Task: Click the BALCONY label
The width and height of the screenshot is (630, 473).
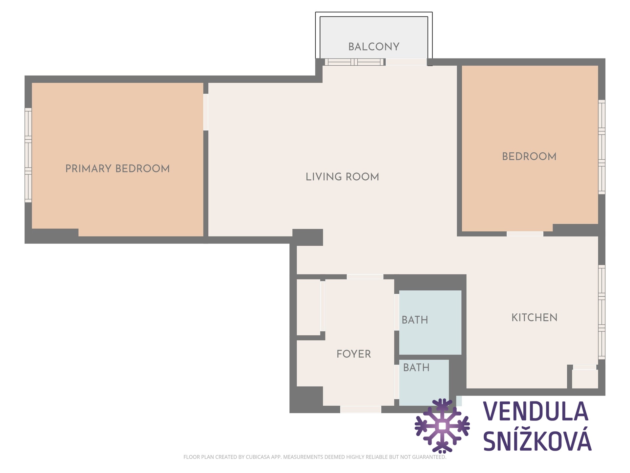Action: [374, 47]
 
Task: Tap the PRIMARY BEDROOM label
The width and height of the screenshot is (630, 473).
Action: [117, 169]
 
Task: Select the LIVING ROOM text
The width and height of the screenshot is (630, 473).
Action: [342, 177]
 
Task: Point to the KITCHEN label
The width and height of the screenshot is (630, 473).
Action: [535, 318]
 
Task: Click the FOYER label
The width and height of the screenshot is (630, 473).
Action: [354, 354]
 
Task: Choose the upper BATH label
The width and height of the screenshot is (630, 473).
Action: [415, 320]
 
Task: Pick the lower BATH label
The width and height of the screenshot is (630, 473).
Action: [416, 368]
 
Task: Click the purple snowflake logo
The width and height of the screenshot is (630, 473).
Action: [442, 426]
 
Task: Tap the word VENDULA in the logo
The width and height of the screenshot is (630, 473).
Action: [536, 411]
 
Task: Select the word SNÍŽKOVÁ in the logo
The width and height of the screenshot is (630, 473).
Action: [537, 440]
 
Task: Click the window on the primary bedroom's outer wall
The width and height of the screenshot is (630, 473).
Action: [28, 155]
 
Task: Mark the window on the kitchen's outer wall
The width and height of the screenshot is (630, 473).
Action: [601, 312]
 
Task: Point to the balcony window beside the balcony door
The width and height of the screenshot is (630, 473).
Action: [354, 62]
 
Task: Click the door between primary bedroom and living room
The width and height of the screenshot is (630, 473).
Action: [206, 112]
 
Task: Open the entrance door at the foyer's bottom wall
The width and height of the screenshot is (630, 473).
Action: [361, 409]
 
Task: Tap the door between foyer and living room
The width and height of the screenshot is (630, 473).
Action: [365, 277]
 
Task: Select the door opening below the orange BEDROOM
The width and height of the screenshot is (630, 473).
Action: [525, 234]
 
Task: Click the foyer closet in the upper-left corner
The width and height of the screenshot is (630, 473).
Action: [308, 307]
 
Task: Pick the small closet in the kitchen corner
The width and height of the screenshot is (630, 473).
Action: [585, 379]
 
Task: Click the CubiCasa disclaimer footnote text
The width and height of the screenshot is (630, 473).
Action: [315, 457]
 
